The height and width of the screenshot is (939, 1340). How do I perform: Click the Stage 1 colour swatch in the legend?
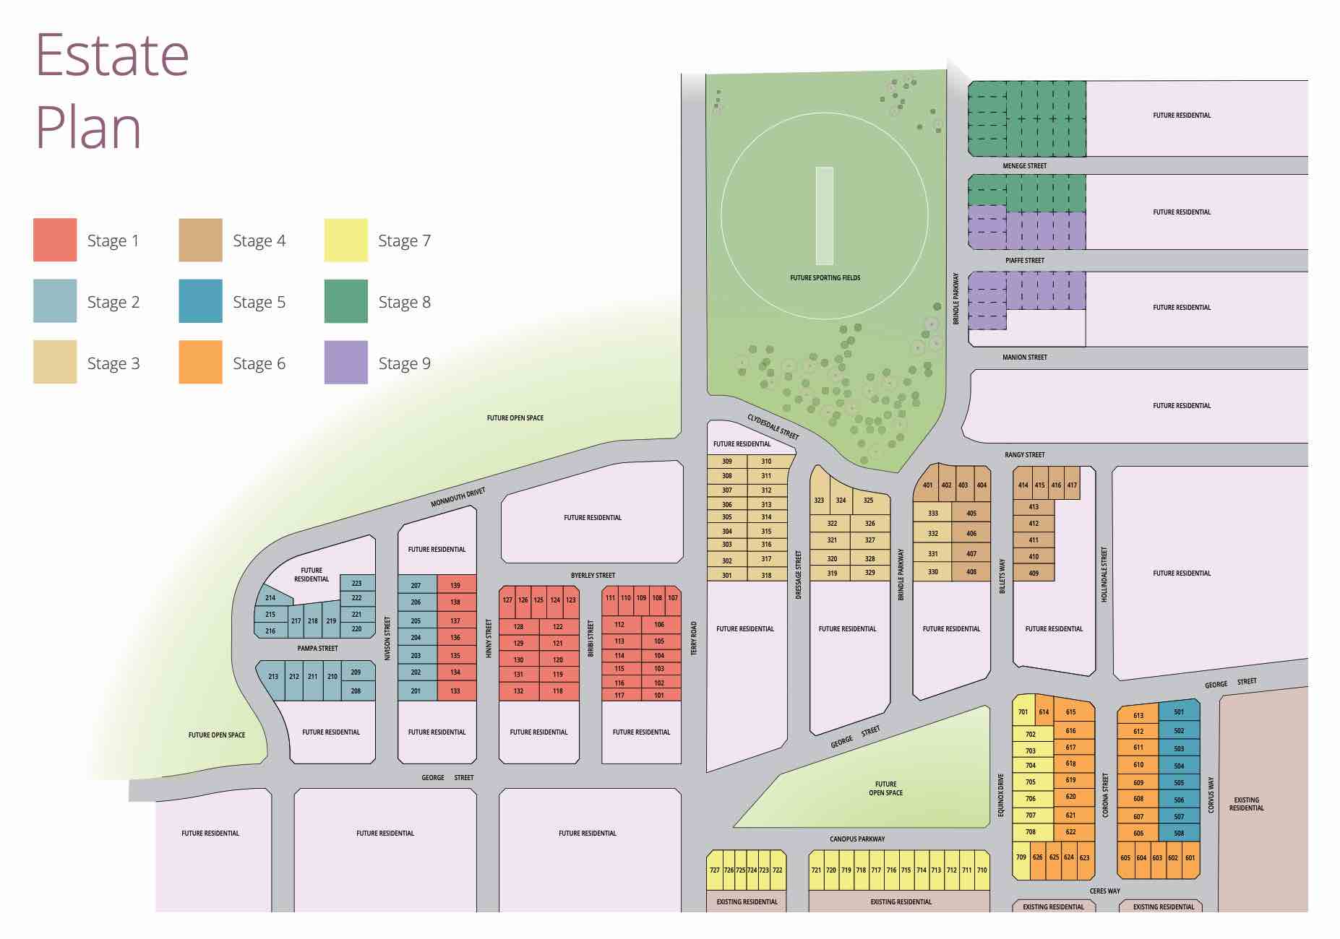55,240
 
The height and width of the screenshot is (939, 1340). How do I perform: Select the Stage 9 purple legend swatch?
345,362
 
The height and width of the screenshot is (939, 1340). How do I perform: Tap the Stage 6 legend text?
259,363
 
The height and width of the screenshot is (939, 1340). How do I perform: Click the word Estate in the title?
112,56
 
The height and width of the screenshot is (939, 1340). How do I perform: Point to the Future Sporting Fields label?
825,277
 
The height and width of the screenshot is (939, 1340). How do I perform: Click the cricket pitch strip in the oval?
824,215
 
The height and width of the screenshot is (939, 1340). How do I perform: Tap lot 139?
455,585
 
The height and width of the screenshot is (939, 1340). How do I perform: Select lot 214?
270,597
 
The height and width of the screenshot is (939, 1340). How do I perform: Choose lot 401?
927,485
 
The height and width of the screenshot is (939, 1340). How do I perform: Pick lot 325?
868,500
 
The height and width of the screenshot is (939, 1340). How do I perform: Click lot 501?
1179,711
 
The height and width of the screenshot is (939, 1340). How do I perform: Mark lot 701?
1023,711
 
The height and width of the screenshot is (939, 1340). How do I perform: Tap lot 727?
714,870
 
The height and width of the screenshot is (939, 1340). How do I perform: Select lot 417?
1072,485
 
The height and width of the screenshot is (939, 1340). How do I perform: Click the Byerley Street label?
593,575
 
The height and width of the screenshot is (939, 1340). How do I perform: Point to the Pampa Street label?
317,648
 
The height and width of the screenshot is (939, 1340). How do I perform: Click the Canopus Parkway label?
857,839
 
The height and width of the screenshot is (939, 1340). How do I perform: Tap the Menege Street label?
1024,165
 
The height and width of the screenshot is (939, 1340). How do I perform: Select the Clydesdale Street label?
773,426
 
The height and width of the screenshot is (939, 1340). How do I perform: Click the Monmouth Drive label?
458,498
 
